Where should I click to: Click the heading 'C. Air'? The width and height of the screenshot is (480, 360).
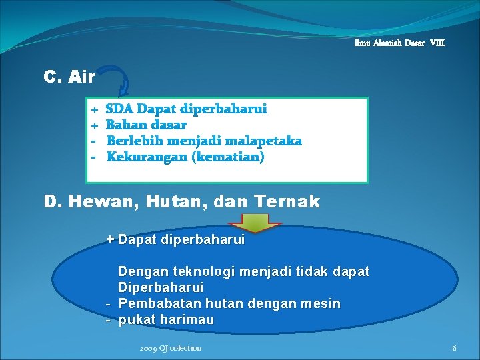pyautogui.click(x=69, y=77)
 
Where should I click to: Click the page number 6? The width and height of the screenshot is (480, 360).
pyautogui.click(x=454, y=348)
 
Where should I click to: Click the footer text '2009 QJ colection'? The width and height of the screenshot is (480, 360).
pyautogui.click(x=171, y=348)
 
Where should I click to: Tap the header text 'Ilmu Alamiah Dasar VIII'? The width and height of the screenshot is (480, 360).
pyautogui.click(x=399, y=43)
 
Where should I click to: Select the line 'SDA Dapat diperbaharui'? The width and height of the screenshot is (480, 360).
pyautogui.click(x=187, y=109)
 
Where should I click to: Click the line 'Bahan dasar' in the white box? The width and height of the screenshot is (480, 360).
pyautogui.click(x=147, y=125)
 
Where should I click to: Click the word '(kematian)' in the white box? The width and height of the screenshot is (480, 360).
pyautogui.click(x=229, y=157)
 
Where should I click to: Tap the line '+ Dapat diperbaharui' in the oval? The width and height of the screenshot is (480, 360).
pyautogui.click(x=176, y=239)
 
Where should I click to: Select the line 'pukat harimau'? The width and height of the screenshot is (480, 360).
pyautogui.click(x=166, y=320)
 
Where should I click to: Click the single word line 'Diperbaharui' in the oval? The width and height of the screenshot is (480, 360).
pyautogui.click(x=161, y=287)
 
